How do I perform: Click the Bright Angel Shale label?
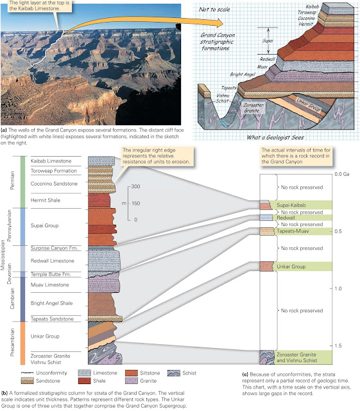coord(52,301)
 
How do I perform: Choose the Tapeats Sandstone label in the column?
coord(52,319)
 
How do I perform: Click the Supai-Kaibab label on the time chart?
coord(294,205)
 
